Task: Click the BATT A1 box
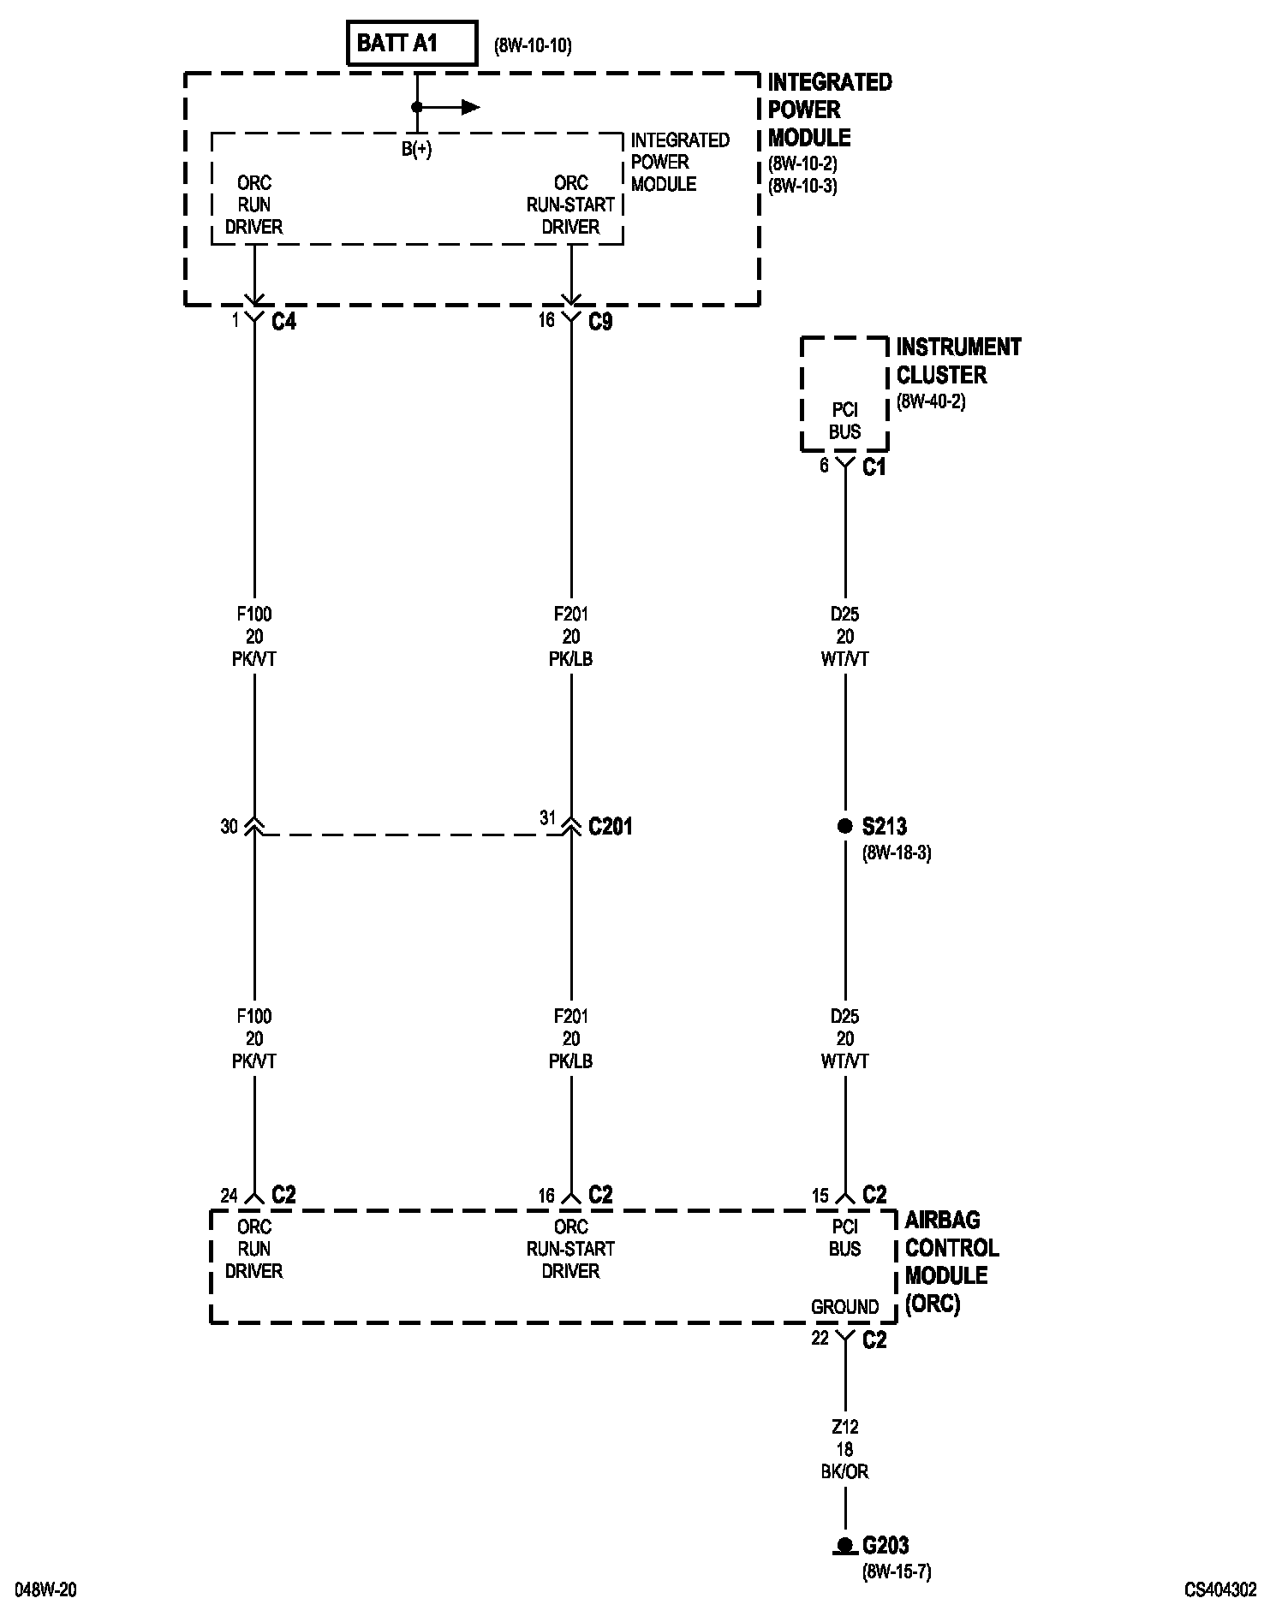pos(411,44)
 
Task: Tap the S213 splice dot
pos(845,826)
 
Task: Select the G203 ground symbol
pos(845,1545)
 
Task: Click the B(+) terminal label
pos(417,150)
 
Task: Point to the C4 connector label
pos(283,322)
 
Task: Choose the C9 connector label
pos(600,322)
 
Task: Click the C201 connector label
pos(611,827)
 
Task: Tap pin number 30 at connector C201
pos(229,827)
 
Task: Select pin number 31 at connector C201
pos(548,818)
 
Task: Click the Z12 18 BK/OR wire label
pos(845,1449)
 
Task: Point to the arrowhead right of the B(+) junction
pos(470,107)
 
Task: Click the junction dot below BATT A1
pos(417,107)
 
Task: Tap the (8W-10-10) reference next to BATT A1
pos(533,45)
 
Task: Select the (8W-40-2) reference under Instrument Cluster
pos(931,401)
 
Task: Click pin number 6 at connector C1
pos(824,466)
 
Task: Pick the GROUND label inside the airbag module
pos(845,1307)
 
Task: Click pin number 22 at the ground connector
pos(820,1339)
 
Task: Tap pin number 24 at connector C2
pos(229,1196)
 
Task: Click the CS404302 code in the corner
pos(1220,1589)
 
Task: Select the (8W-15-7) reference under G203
pos(897,1571)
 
